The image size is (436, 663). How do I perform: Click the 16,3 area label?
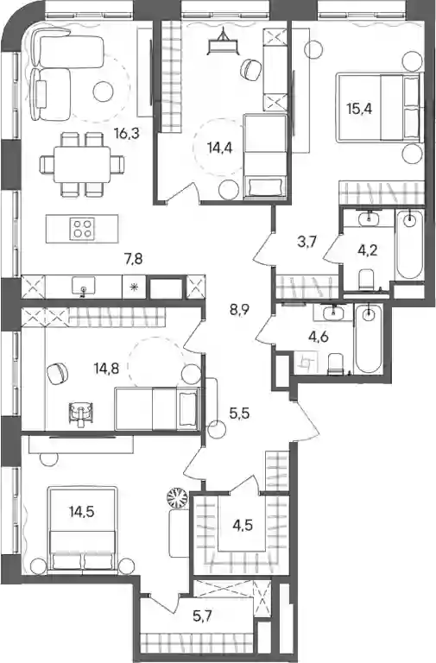(x=126, y=134)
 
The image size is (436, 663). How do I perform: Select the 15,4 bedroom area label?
(x=359, y=109)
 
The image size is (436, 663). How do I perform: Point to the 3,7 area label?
(x=307, y=243)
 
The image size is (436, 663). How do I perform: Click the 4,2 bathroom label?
(x=367, y=250)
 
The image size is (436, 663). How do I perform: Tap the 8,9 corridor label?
(x=239, y=310)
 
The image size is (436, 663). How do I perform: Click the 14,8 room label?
(x=106, y=369)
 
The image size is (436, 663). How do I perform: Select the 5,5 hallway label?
(x=239, y=413)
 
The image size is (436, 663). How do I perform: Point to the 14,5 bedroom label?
(x=82, y=512)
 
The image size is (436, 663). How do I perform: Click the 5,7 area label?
(x=202, y=616)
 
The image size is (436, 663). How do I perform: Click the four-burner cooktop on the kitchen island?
(x=83, y=228)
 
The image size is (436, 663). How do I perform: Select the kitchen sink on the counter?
(x=84, y=286)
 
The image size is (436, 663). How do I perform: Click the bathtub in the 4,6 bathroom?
(x=369, y=338)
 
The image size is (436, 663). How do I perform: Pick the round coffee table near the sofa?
(x=104, y=92)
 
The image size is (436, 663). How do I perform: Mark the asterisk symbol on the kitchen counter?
(x=134, y=287)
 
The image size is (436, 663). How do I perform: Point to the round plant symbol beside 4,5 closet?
(x=177, y=497)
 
